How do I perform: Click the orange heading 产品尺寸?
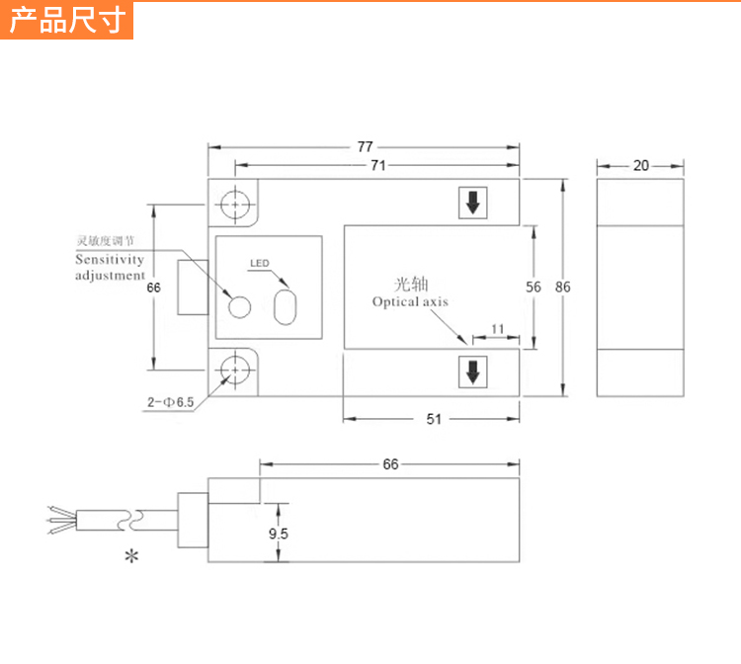(66, 20)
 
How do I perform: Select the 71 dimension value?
(377, 165)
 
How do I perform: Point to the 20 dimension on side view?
(641, 165)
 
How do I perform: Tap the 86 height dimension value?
(563, 287)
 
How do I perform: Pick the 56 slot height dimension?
(534, 287)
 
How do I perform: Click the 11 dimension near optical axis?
(497, 327)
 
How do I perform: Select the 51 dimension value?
(433, 419)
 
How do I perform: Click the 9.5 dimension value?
(279, 534)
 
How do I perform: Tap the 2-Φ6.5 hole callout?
(171, 402)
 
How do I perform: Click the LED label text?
(259, 264)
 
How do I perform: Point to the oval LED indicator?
(285, 305)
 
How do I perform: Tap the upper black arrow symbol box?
(472, 203)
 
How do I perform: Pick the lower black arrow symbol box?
(472, 372)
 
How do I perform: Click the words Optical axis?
(410, 301)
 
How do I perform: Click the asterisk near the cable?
(131, 556)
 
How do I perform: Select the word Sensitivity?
(110, 260)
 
